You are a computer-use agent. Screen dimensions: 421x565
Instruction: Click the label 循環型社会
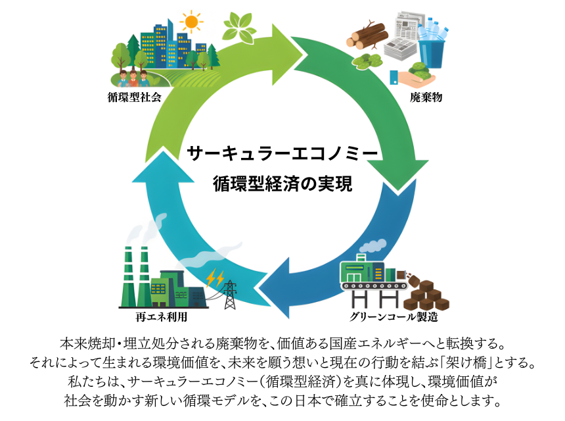[x=134, y=97]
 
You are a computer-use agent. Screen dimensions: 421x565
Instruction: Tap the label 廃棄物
[x=426, y=97]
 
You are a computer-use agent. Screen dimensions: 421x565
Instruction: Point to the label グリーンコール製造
[x=394, y=316]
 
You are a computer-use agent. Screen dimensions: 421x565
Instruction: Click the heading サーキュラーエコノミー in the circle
[x=282, y=153]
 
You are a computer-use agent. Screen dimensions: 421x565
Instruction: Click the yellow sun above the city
[x=191, y=22]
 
